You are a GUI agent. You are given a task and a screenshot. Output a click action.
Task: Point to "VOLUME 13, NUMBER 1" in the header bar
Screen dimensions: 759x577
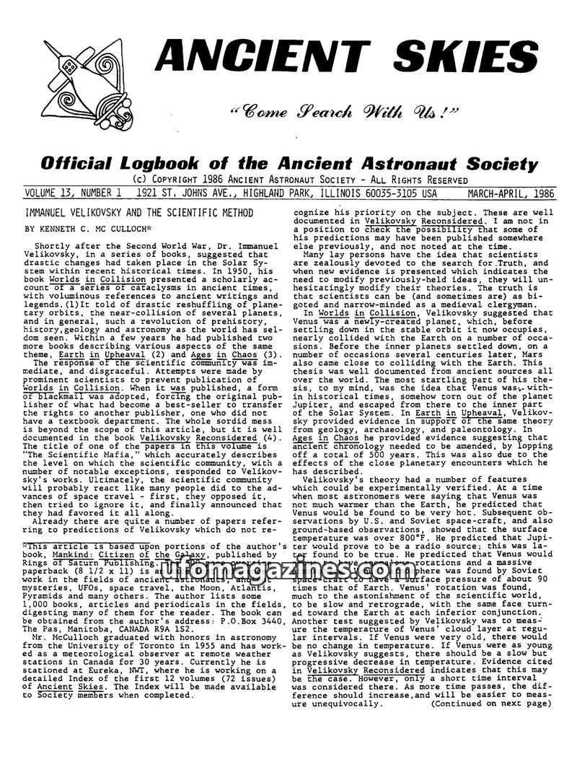coord(71,193)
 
